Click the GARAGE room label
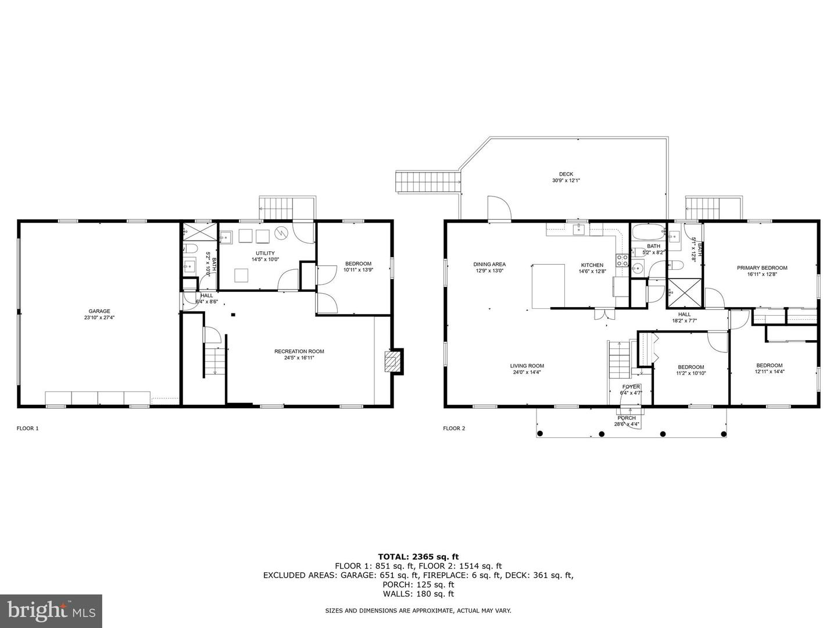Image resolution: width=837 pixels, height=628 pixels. coord(99,311)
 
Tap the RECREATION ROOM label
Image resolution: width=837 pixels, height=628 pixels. coord(299,351)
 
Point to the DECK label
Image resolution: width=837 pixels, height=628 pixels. coord(566,174)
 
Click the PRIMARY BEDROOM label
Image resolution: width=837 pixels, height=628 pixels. coord(761,268)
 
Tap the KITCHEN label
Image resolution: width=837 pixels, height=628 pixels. coord(592,265)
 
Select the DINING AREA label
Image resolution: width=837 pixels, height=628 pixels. coord(489,264)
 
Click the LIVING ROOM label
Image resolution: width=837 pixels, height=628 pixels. coord(527,366)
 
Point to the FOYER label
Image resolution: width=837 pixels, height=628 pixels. coord(631,387)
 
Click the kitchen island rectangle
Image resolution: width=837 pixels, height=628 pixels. coord(548,286)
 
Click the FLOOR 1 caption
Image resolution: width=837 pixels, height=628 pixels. coord(27,429)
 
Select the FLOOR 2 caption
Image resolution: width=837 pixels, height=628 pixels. coord(454,429)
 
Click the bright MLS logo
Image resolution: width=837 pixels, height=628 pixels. coord(51,611)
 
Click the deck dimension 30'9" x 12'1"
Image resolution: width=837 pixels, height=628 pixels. coord(566,181)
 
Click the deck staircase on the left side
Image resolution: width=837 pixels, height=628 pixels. coord(428,181)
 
